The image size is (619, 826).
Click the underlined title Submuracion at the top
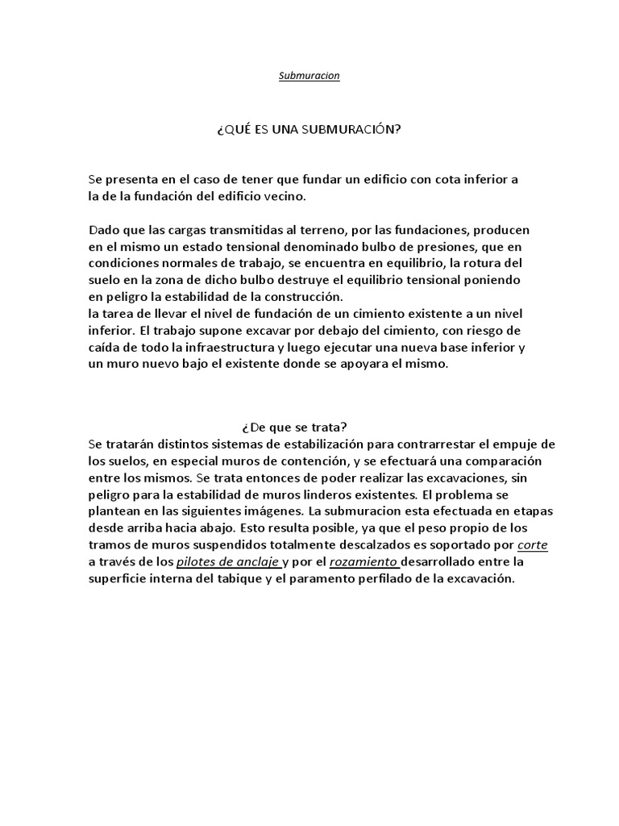click(309, 76)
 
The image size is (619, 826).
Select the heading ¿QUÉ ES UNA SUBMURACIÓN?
click(309, 128)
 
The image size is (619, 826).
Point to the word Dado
click(103, 230)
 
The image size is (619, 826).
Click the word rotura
click(480, 263)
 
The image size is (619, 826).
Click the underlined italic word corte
click(533, 545)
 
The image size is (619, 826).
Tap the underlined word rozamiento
click(364, 562)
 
